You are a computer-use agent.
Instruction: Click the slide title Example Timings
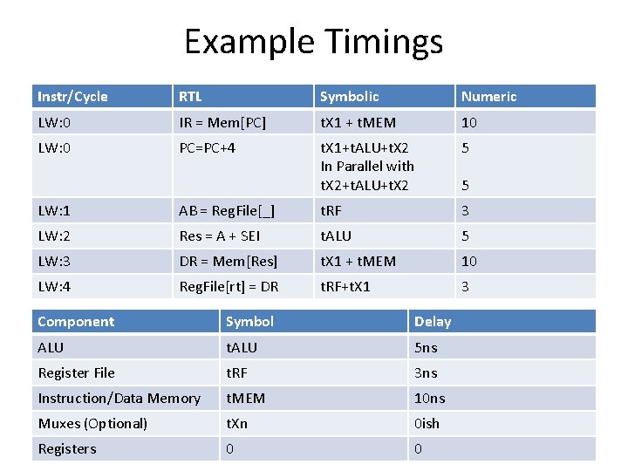tap(313, 42)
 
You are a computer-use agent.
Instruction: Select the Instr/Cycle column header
tap(72, 97)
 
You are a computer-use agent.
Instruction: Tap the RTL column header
tap(192, 97)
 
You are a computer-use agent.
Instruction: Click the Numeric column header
tap(488, 97)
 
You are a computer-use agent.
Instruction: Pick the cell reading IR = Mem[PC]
tap(222, 123)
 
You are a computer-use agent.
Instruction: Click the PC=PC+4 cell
tap(207, 148)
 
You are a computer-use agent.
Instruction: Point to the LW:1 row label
tap(54, 210)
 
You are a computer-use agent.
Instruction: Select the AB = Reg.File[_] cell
tap(227, 210)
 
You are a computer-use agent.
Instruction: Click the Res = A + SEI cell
tap(219, 235)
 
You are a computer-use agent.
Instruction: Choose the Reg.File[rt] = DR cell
tap(229, 286)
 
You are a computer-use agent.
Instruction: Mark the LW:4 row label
tap(54, 286)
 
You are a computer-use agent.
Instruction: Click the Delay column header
tap(433, 322)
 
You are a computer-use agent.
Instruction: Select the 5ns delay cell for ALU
tap(426, 347)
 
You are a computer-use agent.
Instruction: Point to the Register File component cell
tap(76, 372)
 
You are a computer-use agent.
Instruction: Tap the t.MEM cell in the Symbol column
tap(246, 398)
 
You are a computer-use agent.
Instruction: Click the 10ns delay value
tap(429, 398)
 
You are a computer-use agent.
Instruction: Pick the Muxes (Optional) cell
tap(92, 423)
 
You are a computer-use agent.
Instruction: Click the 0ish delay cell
tap(427, 423)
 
